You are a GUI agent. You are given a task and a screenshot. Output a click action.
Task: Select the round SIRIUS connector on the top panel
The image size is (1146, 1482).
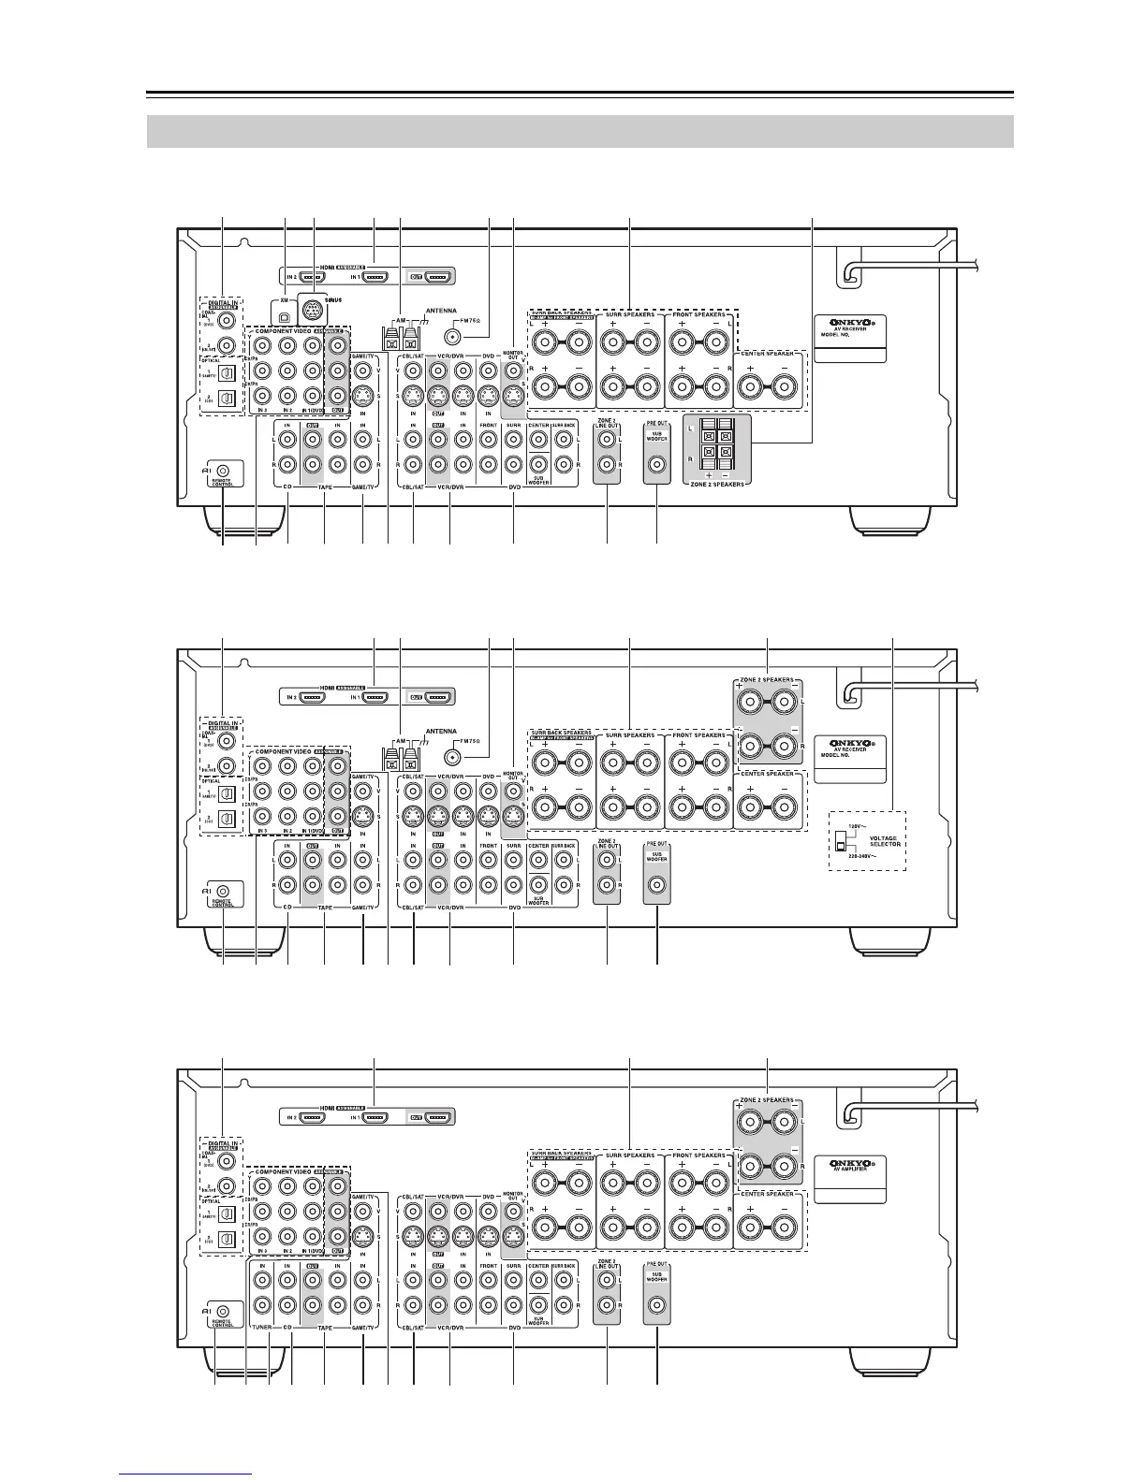click(313, 310)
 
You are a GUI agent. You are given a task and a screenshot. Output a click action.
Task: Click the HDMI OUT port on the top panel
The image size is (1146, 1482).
click(437, 277)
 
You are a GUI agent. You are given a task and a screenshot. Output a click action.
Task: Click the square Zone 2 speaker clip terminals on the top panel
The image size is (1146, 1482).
click(717, 443)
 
